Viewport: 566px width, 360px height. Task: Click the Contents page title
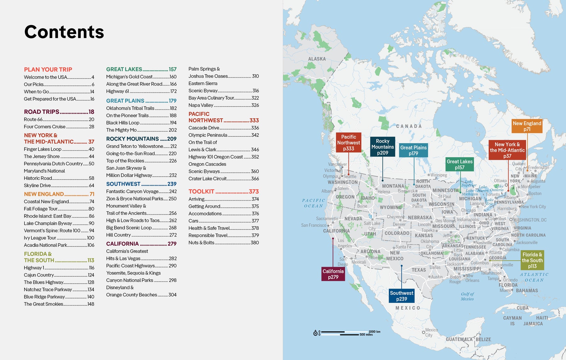point(64,32)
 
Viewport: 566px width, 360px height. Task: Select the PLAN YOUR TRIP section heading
point(48,69)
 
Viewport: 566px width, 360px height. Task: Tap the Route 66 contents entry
point(33,119)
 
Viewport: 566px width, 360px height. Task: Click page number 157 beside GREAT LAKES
point(173,69)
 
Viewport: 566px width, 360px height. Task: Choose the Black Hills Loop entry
point(123,123)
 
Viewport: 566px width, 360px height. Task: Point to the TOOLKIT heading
point(201,191)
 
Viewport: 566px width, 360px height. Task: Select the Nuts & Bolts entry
point(201,243)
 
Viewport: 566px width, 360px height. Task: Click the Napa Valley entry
point(201,105)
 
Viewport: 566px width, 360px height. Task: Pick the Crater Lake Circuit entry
point(208,179)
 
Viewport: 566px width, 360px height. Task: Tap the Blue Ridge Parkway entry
point(44,297)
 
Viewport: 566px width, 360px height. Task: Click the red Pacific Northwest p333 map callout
point(348,143)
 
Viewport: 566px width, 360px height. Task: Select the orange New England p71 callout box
point(527,126)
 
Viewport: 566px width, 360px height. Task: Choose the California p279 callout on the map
point(333,274)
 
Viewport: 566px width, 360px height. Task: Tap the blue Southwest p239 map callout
point(402,296)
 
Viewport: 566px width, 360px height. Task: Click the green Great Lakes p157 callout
point(459,164)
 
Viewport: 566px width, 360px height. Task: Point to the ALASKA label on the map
point(317,59)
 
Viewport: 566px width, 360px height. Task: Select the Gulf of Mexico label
point(467,296)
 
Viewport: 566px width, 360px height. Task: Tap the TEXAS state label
point(419,270)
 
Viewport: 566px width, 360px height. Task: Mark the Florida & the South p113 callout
point(532,260)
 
